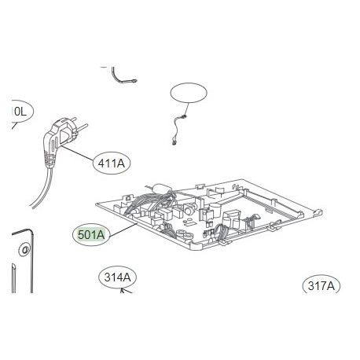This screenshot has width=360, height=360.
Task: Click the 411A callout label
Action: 113,163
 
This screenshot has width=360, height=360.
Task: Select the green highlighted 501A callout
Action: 92,234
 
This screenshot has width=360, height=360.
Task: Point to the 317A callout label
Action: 321,286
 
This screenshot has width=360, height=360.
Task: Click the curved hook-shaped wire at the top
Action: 124,75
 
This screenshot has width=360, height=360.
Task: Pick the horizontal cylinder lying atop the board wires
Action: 162,189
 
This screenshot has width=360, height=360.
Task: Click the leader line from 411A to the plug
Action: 79,154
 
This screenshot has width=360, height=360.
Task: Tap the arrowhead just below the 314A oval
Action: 121,291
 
